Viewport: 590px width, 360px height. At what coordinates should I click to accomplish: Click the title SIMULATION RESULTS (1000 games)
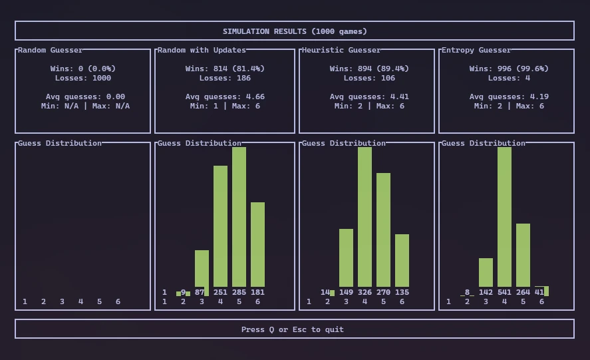[x=295, y=31]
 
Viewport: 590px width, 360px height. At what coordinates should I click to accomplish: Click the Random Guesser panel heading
[x=51, y=50]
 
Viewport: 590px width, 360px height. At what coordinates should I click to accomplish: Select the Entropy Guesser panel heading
[x=476, y=50]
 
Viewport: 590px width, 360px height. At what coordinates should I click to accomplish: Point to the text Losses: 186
[x=225, y=78]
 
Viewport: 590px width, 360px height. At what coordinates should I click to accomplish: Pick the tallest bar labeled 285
[x=239, y=217]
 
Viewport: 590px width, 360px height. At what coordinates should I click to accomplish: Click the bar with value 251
[x=220, y=226]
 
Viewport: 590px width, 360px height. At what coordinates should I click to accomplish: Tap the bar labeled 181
[x=257, y=244]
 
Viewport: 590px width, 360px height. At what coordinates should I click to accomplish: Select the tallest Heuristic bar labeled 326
[x=365, y=217]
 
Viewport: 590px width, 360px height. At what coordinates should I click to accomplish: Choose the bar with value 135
[x=402, y=260]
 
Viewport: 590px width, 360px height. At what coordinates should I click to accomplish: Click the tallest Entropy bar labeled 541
[x=504, y=217]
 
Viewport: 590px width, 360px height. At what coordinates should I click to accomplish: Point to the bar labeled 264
[x=523, y=255]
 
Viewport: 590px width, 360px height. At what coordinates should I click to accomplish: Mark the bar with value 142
[x=486, y=272]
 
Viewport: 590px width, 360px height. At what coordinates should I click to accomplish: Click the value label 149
[x=346, y=292]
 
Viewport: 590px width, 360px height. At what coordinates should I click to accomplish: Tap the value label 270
[x=383, y=292]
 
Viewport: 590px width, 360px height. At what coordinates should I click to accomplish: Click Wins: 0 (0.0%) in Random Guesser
[x=83, y=69]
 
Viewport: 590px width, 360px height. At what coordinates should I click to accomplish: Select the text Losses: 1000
[x=83, y=78]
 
